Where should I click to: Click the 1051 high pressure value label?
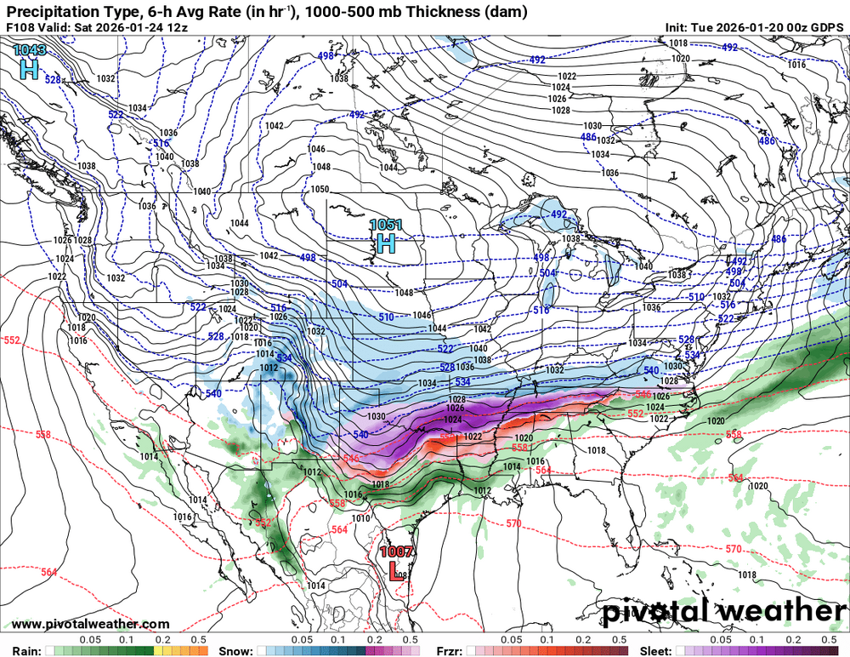[x=387, y=225]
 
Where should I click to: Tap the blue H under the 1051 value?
[x=386, y=245]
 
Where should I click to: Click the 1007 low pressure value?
[x=398, y=551]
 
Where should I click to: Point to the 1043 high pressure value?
[x=30, y=52]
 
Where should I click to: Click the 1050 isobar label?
[x=320, y=189]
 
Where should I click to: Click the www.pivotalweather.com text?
[x=90, y=624]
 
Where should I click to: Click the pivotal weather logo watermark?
[x=725, y=611]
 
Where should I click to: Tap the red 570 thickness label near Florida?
[x=513, y=523]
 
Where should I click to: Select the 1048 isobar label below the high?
[x=403, y=293]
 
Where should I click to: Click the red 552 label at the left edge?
[x=11, y=340]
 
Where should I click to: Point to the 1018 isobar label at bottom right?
[x=747, y=575]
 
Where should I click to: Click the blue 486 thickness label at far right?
[x=779, y=240]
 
